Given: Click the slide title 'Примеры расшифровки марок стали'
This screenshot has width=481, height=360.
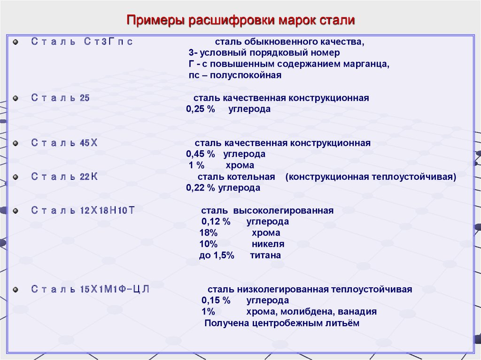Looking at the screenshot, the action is coord(241,20).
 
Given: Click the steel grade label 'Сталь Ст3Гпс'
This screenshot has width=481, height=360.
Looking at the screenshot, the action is coord(82,41).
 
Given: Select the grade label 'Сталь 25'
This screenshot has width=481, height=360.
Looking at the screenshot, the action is coord(60,98).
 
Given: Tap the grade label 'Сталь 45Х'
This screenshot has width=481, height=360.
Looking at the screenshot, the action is coord(64,143).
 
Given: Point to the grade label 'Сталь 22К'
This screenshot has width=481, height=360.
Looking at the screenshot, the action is coord(64,176).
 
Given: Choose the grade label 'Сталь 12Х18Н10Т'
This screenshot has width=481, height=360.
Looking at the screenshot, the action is coord(83,210).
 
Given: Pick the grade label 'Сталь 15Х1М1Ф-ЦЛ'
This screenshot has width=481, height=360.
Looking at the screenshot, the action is coord(90,289).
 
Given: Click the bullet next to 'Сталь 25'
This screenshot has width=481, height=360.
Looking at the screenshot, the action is coord(16,98).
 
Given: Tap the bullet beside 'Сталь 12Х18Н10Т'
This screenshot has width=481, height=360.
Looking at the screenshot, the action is coord(16,211).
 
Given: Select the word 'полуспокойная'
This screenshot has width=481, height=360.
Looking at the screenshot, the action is coord(245,75).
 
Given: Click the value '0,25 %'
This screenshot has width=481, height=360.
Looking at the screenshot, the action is coord(201,109).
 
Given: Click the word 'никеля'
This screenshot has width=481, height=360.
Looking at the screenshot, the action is coord(268,244).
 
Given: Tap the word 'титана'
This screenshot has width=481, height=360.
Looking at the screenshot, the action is coord(265,255).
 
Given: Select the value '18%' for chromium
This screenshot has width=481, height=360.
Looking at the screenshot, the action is coord(208,233).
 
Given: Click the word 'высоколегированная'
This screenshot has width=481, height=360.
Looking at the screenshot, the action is coord(283,211).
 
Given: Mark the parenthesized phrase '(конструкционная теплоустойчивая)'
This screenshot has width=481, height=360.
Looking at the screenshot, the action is coord(371,177).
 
